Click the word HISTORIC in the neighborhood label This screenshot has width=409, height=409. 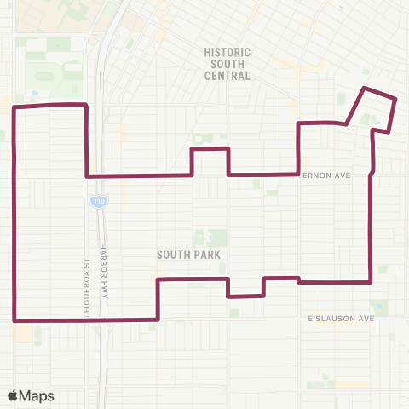(x=227, y=51)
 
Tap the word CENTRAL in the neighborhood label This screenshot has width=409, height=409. (x=227, y=75)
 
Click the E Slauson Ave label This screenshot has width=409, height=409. (x=341, y=319)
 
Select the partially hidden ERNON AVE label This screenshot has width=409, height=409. (x=327, y=175)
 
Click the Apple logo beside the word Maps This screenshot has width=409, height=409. (x=13, y=395)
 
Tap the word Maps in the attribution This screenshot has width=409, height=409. (x=37, y=395)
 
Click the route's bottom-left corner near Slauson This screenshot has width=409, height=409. (x=15, y=320)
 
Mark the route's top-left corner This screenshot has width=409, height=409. (x=16, y=107)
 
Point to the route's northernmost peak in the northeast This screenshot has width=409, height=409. (x=366, y=89)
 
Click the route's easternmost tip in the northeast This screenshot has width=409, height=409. (x=396, y=100)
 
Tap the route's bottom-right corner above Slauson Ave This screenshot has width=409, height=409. (x=371, y=281)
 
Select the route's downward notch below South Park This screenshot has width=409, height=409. (x=245, y=296)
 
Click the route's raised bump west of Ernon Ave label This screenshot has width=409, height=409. (x=210, y=150)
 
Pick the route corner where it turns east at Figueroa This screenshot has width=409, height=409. (x=87, y=176)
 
